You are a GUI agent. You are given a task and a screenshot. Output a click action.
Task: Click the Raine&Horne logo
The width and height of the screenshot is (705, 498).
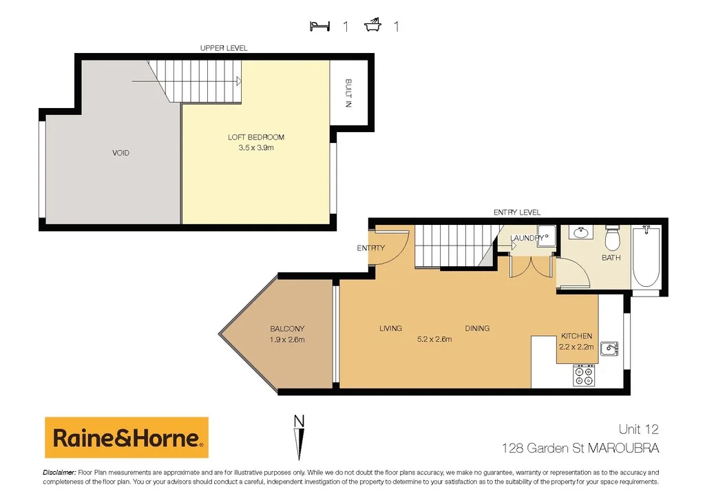(x=126, y=437)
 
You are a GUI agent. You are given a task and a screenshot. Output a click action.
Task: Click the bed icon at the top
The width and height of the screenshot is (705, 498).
(x=319, y=26)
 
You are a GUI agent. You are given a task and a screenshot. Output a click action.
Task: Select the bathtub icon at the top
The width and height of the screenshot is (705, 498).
(x=373, y=26)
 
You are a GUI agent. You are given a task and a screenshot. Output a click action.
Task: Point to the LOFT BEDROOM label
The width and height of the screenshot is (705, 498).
(x=256, y=138)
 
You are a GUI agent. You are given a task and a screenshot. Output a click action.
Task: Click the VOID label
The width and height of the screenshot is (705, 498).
(x=120, y=153)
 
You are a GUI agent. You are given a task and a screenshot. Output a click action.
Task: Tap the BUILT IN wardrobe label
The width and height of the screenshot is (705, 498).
(x=348, y=94)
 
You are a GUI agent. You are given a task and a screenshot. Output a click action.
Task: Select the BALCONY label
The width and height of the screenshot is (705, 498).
(x=287, y=329)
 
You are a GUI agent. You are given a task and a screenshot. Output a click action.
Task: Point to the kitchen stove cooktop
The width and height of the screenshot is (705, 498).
(x=585, y=375)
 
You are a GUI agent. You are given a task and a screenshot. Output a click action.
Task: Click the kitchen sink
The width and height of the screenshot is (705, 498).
(x=607, y=349)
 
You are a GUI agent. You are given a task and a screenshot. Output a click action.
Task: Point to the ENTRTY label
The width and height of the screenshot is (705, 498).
(x=370, y=248)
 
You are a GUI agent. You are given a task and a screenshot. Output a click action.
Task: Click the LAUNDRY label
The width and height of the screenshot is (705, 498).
(x=527, y=239)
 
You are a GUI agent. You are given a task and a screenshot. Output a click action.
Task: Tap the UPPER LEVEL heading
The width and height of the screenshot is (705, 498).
(x=224, y=48)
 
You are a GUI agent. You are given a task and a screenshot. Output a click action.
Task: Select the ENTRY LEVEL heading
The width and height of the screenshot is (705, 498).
(x=517, y=213)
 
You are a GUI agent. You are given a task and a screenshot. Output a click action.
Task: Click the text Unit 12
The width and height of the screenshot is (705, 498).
(x=638, y=429)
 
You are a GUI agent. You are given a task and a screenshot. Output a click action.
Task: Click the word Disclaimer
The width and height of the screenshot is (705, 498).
(x=59, y=473)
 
